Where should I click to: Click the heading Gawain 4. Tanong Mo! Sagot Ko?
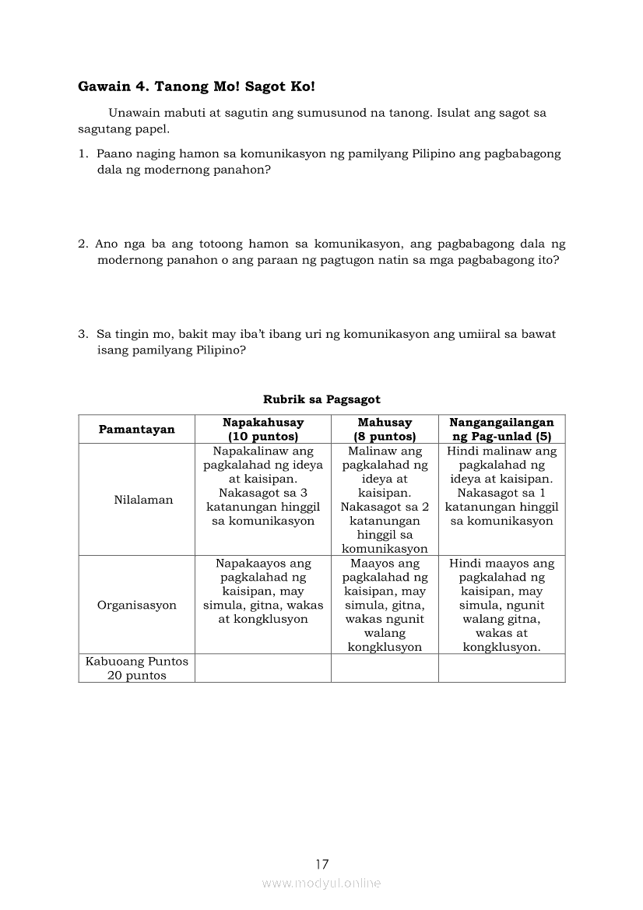pos(196,86)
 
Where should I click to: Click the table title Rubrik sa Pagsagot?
pos(321,399)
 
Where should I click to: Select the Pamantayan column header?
pos(136,429)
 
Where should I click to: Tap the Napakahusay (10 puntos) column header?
pos(263,429)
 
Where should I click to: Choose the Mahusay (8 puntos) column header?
pos(385,429)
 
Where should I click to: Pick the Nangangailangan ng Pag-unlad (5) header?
pos(501,429)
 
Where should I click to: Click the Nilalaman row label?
pos(136,500)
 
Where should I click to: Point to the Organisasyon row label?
pos(136,605)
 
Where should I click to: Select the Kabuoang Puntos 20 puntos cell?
pos(136,669)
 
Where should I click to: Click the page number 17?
pos(322,864)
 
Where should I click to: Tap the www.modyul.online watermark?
pos(321,883)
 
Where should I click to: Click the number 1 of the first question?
pos(82,154)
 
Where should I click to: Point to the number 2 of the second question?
pos(82,244)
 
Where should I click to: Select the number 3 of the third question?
pos(82,334)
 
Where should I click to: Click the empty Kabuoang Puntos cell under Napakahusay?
pos(263,669)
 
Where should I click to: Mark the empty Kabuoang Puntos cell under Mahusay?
pos(385,669)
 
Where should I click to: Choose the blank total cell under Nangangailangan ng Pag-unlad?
pos(501,669)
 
